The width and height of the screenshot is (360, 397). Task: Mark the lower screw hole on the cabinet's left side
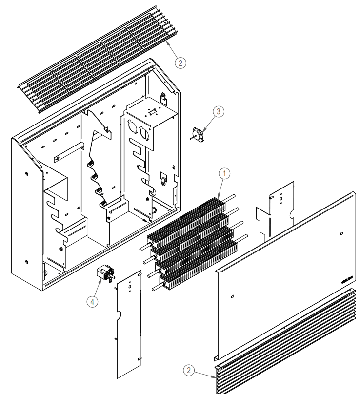click(25, 257)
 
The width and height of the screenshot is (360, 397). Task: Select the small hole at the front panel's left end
click(232, 296)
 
